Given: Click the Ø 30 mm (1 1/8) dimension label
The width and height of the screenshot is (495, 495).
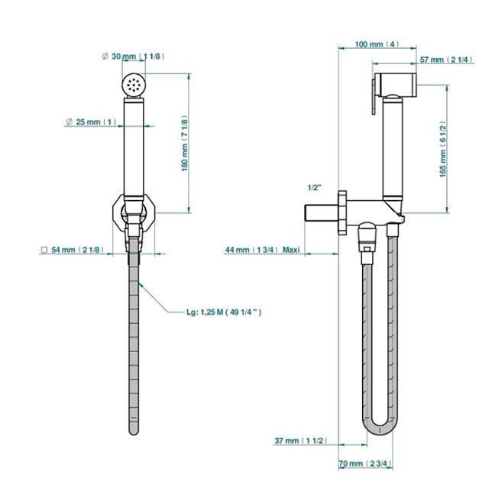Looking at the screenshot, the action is click(133, 57).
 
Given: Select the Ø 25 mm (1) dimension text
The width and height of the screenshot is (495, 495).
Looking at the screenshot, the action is click(91, 121).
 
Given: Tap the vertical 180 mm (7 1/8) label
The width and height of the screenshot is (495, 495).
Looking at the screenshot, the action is click(185, 144).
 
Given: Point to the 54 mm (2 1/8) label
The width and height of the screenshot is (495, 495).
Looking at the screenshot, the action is click(73, 250).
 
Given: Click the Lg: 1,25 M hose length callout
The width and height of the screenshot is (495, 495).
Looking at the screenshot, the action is click(224, 312).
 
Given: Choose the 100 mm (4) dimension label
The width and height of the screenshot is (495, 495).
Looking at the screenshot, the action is click(377, 44).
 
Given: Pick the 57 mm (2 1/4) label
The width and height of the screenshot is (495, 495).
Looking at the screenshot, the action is click(446, 60).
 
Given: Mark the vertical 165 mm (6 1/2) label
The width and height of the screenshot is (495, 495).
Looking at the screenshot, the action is click(444, 149).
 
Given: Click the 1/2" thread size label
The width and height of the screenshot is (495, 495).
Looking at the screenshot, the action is click(315, 187).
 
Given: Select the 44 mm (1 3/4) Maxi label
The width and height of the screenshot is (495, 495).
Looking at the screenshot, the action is click(262, 250).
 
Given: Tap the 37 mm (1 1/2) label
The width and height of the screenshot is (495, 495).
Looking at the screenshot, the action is click(300, 441).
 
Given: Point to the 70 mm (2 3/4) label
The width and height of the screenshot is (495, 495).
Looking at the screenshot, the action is click(366, 463).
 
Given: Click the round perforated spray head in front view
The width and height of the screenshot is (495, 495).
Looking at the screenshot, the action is click(134, 84).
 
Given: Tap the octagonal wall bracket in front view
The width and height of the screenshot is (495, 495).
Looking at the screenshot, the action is click(134, 213).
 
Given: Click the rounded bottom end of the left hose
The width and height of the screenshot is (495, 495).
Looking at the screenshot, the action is click(134, 429).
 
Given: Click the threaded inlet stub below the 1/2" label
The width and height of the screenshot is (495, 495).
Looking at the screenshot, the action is click(322, 213).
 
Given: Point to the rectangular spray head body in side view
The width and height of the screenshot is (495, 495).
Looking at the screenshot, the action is click(396, 84).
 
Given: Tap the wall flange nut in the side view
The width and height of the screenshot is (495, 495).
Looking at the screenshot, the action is click(342, 213).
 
